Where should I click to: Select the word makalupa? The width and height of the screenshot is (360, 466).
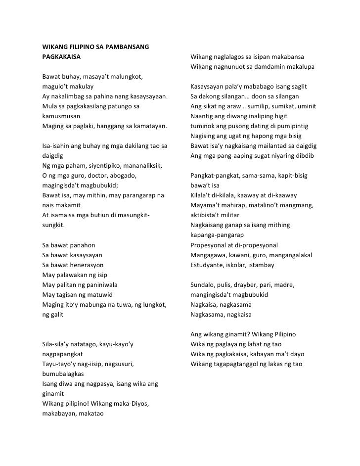click(x=299, y=66)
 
